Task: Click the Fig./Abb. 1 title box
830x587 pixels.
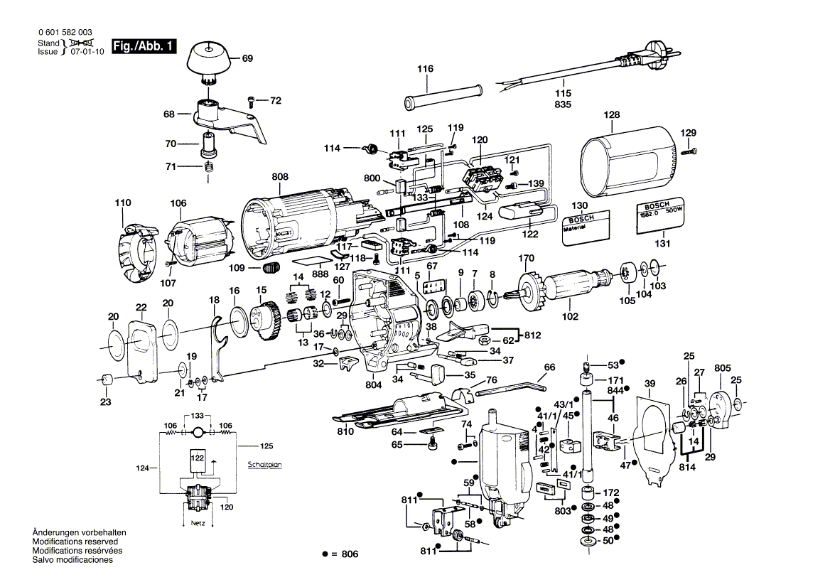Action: pyautogui.click(x=142, y=47)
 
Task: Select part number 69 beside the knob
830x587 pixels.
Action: pyautogui.click(x=247, y=59)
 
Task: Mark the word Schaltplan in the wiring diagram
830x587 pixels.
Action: pyautogui.click(x=264, y=465)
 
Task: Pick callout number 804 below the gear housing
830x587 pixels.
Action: pyautogui.click(x=374, y=384)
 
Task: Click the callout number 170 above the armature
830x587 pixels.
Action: pyautogui.click(x=526, y=258)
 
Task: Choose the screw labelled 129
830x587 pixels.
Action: pyautogui.click(x=690, y=151)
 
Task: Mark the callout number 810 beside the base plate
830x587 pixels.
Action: pyautogui.click(x=345, y=431)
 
